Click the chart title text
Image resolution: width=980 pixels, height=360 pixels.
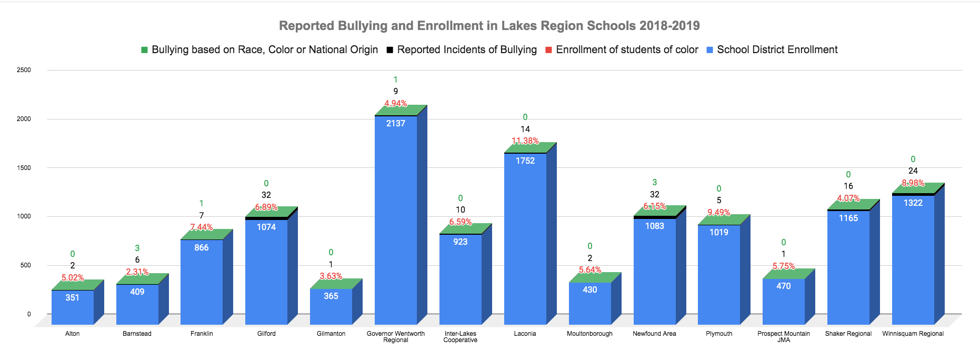(x=489, y=26)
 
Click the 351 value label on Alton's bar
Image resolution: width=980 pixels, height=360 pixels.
(x=73, y=297)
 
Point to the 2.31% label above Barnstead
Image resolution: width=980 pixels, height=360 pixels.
(x=137, y=272)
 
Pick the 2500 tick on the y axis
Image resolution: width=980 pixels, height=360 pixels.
(x=24, y=70)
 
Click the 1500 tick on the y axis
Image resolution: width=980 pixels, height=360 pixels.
(x=24, y=168)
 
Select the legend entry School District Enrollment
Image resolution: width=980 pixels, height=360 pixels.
(x=777, y=49)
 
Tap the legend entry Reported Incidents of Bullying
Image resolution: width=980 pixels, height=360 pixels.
(x=466, y=49)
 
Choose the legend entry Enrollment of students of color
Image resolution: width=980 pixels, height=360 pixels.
(x=626, y=49)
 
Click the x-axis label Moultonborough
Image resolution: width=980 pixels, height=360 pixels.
(x=589, y=334)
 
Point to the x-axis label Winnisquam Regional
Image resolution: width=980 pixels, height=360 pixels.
(x=913, y=334)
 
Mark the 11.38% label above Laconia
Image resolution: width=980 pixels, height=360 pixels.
(x=525, y=141)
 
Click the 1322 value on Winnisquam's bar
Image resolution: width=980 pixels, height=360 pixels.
(x=913, y=203)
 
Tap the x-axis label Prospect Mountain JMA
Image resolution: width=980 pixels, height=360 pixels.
(x=783, y=336)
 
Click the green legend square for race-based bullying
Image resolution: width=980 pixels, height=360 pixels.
(x=144, y=50)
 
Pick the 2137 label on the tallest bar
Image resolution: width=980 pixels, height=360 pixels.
(x=395, y=123)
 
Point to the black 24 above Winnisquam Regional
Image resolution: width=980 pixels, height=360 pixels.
(x=913, y=171)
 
